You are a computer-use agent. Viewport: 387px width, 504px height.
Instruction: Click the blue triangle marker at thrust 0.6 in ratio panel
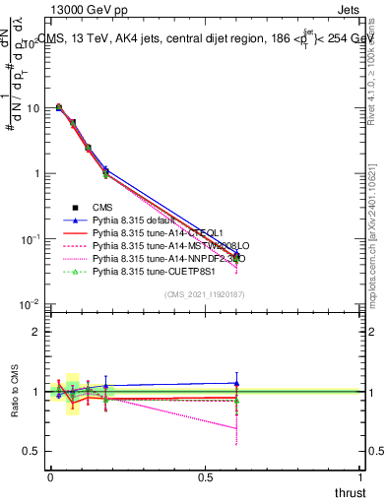click(236, 383)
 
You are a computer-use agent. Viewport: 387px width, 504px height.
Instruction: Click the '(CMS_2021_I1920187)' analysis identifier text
click(203, 294)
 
